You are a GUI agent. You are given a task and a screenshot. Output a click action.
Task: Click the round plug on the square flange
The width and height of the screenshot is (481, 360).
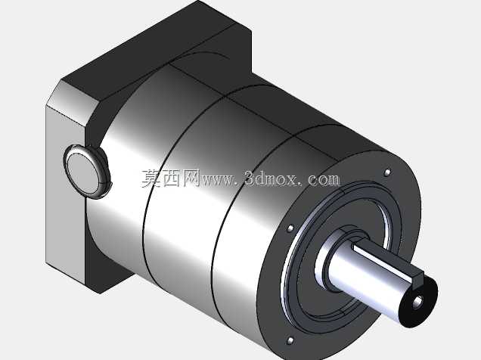[x=88, y=172]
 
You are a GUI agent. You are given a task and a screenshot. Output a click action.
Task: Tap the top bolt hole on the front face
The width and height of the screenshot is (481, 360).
[x=387, y=172]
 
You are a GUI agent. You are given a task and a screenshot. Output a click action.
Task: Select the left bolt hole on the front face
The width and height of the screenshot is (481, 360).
[x=290, y=228]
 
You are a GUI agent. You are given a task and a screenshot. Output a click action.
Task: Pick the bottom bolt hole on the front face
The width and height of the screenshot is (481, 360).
[x=290, y=340]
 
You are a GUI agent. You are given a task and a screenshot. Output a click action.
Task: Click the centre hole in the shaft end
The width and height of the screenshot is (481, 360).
[x=417, y=303]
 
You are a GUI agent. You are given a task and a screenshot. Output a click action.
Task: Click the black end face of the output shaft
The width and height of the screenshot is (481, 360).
[x=419, y=302]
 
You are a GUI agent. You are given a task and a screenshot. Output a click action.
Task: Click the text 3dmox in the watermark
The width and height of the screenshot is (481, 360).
[x=272, y=178]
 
